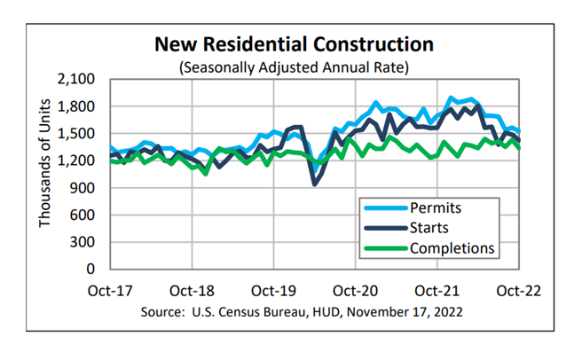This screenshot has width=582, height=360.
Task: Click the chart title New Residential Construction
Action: tap(295, 43)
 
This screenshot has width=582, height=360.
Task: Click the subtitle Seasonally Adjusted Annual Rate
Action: tap(295, 66)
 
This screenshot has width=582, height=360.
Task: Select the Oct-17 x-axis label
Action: tap(111, 290)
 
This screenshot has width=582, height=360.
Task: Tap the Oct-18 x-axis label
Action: tap(193, 290)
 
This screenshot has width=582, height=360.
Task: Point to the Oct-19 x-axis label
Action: tap(274, 290)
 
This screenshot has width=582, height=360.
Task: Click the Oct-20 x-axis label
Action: tap(356, 290)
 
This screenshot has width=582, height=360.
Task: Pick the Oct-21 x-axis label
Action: tap(437, 290)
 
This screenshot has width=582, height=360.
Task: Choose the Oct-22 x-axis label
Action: tap(519, 290)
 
